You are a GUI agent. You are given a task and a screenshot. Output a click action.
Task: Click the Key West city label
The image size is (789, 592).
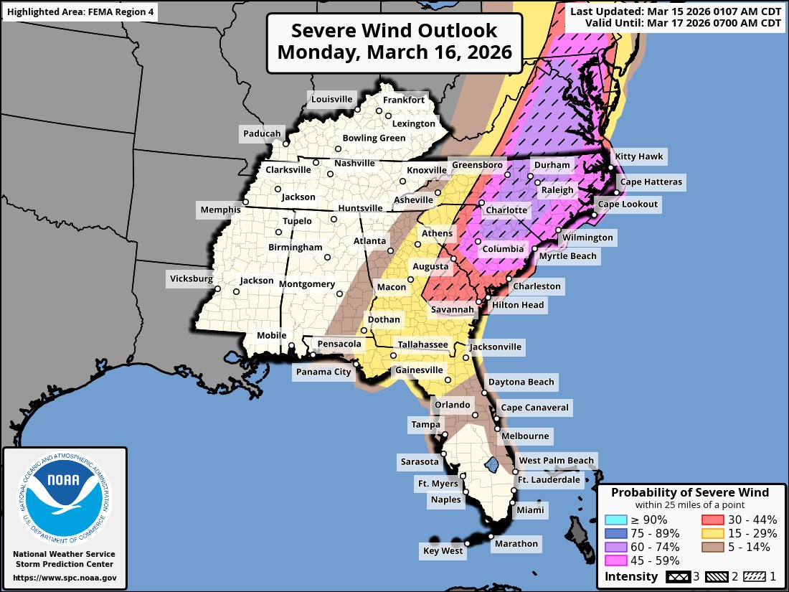coord(443,550)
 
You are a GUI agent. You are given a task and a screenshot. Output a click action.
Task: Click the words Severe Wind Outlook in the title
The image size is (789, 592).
coord(394,31)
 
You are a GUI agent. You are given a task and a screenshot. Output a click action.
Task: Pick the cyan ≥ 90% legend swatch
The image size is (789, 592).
coord(615,520)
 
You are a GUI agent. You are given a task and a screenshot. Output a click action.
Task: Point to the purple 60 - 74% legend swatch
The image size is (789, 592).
coord(615,547)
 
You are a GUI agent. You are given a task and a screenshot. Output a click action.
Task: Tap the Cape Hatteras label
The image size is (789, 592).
coord(651,182)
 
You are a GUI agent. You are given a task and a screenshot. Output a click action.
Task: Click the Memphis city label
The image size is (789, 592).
coord(220,210)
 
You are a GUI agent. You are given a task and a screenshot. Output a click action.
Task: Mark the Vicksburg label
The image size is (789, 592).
coord(191,278)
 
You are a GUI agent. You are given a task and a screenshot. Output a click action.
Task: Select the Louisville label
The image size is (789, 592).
coord(331,99)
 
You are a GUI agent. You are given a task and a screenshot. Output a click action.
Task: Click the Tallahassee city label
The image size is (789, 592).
coord(423,345)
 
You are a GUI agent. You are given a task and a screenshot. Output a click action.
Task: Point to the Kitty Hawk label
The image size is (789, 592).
coord(639,156)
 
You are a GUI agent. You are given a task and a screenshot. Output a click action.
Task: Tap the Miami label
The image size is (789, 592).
coord(531,511)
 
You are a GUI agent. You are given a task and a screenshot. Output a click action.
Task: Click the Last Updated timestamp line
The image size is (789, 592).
coord(675,11)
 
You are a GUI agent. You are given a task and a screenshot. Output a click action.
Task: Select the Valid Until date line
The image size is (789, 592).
coord(682,23)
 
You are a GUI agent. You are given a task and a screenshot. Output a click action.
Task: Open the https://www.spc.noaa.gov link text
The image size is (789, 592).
coord(65,578)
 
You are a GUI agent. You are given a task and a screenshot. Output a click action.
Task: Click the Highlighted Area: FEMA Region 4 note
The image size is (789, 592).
coord(80,11)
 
